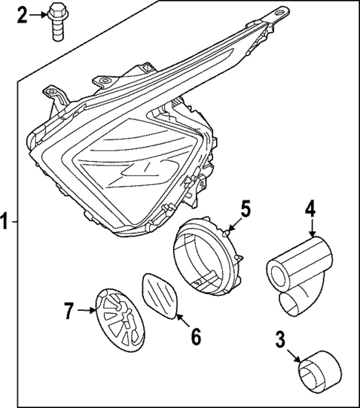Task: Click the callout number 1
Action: click(x=7, y=220)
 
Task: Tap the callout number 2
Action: click(x=22, y=13)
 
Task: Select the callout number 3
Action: click(x=280, y=340)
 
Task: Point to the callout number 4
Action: click(x=310, y=208)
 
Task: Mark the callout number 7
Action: click(x=69, y=312)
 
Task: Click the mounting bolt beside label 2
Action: click(x=56, y=21)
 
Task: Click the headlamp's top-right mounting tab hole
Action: click(x=281, y=13)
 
